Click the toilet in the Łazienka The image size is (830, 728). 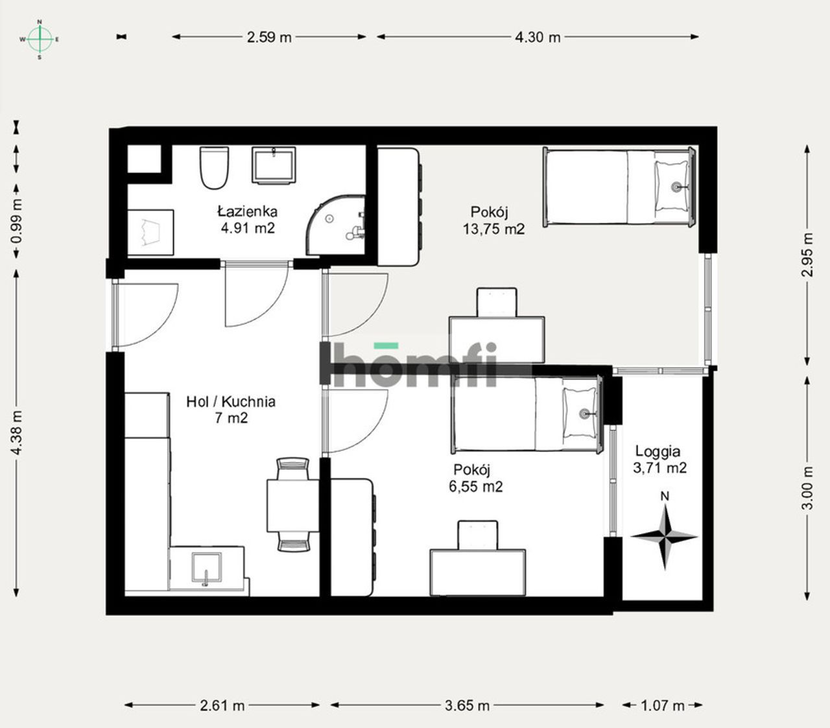pyautogui.click(x=214, y=168)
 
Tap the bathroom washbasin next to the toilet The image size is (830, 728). pyautogui.click(x=274, y=165)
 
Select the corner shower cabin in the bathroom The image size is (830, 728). pyautogui.click(x=335, y=225)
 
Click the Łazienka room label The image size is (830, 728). pyautogui.click(x=247, y=211)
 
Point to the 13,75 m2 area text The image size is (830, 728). pyautogui.click(x=493, y=229)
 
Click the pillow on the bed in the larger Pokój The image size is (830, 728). pyautogui.click(x=672, y=187)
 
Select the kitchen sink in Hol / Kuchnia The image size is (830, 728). pyautogui.click(x=206, y=569)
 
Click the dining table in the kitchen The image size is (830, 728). pyautogui.click(x=292, y=506)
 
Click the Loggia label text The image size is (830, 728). pyautogui.click(x=658, y=451)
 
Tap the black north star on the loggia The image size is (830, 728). pyautogui.click(x=665, y=536)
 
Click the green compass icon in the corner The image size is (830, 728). pyautogui.click(x=40, y=40)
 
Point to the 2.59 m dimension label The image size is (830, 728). pyautogui.click(x=269, y=38)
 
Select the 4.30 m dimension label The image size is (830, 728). pyautogui.click(x=538, y=38)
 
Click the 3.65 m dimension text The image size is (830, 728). pyautogui.click(x=467, y=705)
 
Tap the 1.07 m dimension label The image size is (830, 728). pyautogui.click(x=662, y=705)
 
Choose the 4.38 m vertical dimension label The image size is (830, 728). pyautogui.click(x=17, y=432)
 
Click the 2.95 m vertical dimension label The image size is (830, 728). pyautogui.click(x=807, y=255)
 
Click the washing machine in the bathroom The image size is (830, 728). pyautogui.click(x=150, y=233)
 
